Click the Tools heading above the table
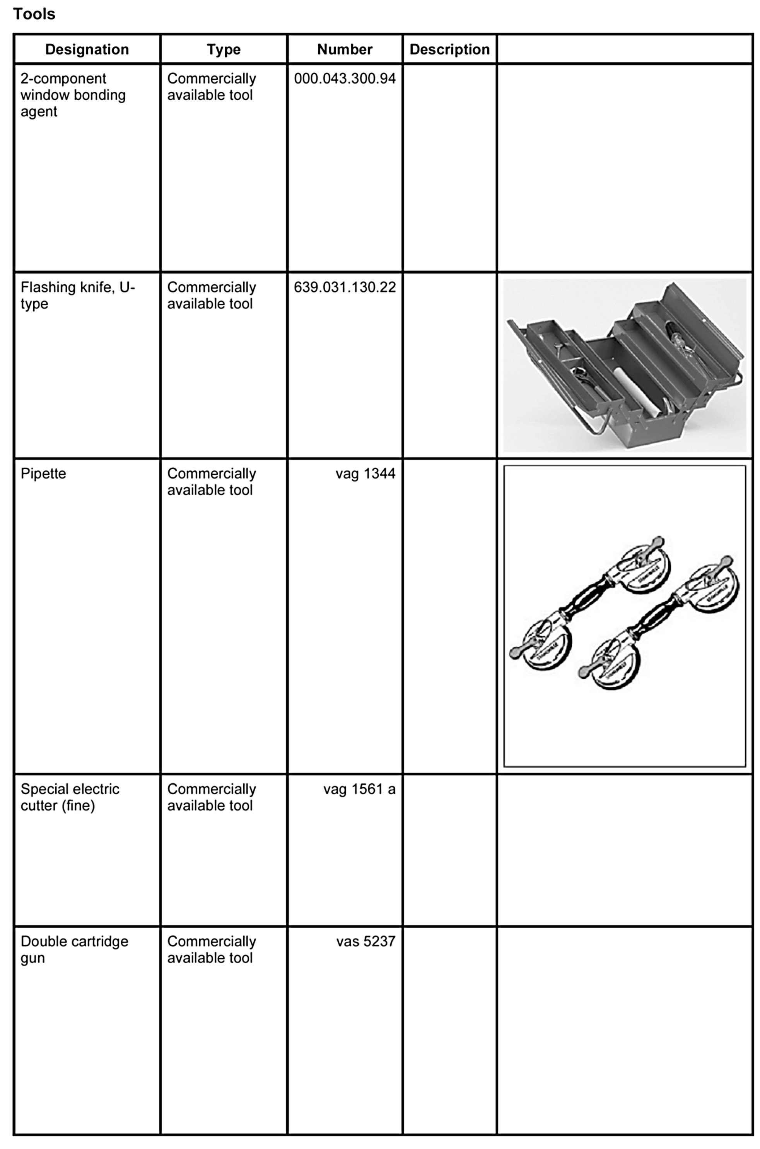[x=34, y=14]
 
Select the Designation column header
[x=87, y=50]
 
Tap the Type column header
[x=224, y=50]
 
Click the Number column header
[x=345, y=50]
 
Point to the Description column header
[x=449, y=50]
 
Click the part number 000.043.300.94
[x=345, y=79]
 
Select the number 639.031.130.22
[x=345, y=287]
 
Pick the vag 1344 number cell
[x=365, y=474]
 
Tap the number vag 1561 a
[x=359, y=789]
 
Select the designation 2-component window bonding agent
[x=73, y=95]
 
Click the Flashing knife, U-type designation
[x=78, y=295]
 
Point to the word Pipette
[x=43, y=474]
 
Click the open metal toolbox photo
[x=624, y=365]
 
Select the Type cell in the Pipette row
[x=211, y=482]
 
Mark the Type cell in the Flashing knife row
[x=211, y=295]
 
